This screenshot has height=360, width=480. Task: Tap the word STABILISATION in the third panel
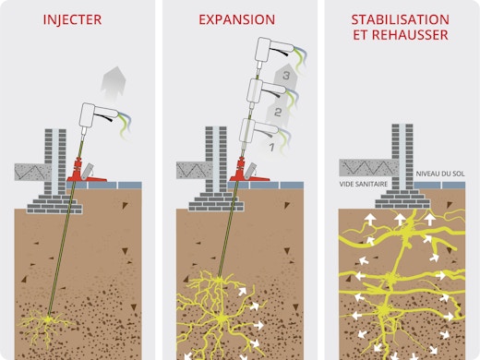[400, 18]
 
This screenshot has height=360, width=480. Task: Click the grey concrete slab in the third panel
[364, 167]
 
